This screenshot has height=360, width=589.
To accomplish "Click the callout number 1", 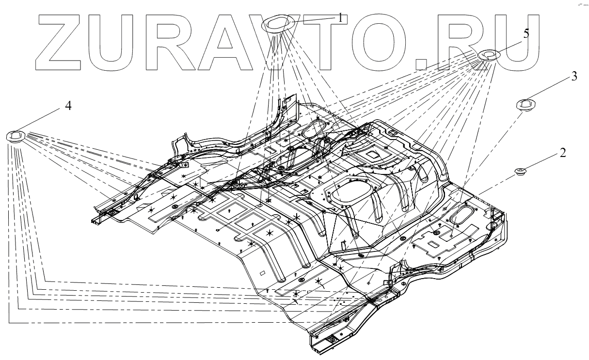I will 340,17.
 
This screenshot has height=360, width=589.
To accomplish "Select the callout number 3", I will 574,77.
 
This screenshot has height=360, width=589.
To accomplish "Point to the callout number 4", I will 69,106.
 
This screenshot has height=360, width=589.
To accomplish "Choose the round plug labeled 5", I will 488,55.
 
